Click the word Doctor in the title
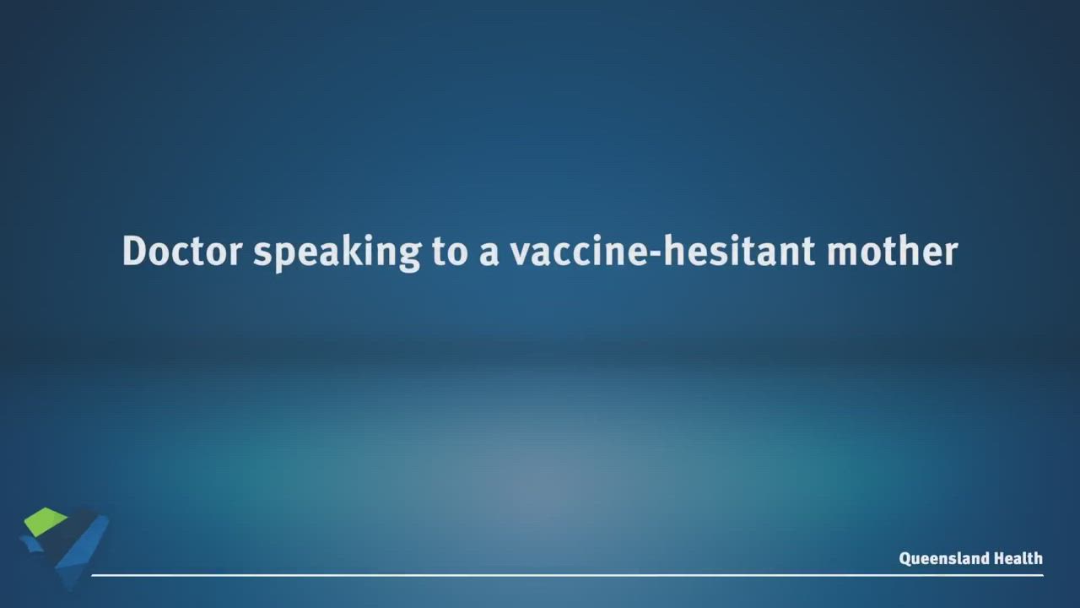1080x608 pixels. click(182, 251)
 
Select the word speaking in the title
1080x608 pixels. click(337, 253)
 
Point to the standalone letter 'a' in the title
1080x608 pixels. click(489, 255)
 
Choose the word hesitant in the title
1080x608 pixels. click(740, 251)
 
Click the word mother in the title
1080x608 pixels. click(892, 251)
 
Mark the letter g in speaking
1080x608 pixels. click(409, 258)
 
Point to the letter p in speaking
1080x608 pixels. click(286, 258)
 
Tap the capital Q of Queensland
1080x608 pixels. click(905, 559)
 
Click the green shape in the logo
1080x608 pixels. click(45, 521)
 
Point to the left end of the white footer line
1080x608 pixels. click(92, 575)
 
